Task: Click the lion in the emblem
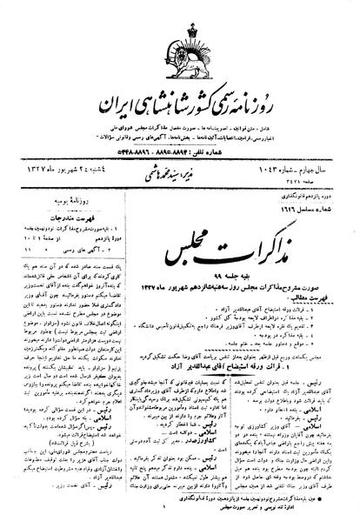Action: (x=180, y=43)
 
